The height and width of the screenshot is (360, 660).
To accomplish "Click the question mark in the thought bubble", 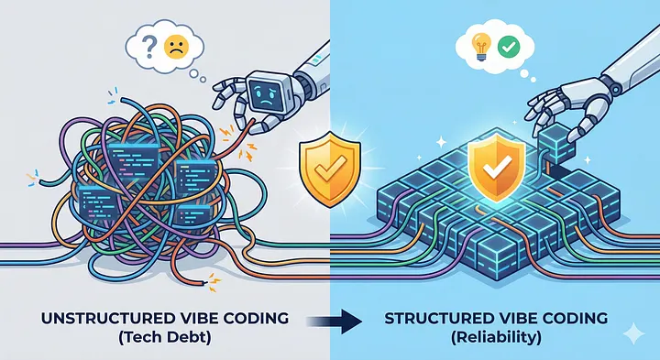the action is pyautogui.click(x=148, y=48).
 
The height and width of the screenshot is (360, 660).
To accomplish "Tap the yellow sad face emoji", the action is pyautogui.click(x=176, y=47).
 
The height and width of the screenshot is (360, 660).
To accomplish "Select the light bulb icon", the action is pyautogui.click(x=481, y=47).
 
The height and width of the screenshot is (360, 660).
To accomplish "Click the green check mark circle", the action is pyautogui.click(x=509, y=47).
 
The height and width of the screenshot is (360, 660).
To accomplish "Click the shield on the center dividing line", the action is pyautogui.click(x=330, y=169).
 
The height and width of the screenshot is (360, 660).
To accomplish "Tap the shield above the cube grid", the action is pyautogui.click(x=497, y=166).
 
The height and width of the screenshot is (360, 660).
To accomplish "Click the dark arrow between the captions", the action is pyautogui.click(x=335, y=322).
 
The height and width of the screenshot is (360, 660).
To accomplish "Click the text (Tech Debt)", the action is pyautogui.click(x=165, y=338).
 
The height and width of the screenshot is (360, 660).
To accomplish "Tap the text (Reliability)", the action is pyautogui.click(x=496, y=338).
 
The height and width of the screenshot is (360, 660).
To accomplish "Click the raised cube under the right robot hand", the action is pyautogui.click(x=555, y=145).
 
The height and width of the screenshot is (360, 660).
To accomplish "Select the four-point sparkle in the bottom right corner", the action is pyautogui.click(x=633, y=334).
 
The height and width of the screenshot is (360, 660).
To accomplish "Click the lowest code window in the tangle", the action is pyautogui.click(x=193, y=215).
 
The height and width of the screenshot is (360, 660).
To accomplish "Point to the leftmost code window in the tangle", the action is pyautogui.click(x=95, y=202).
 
